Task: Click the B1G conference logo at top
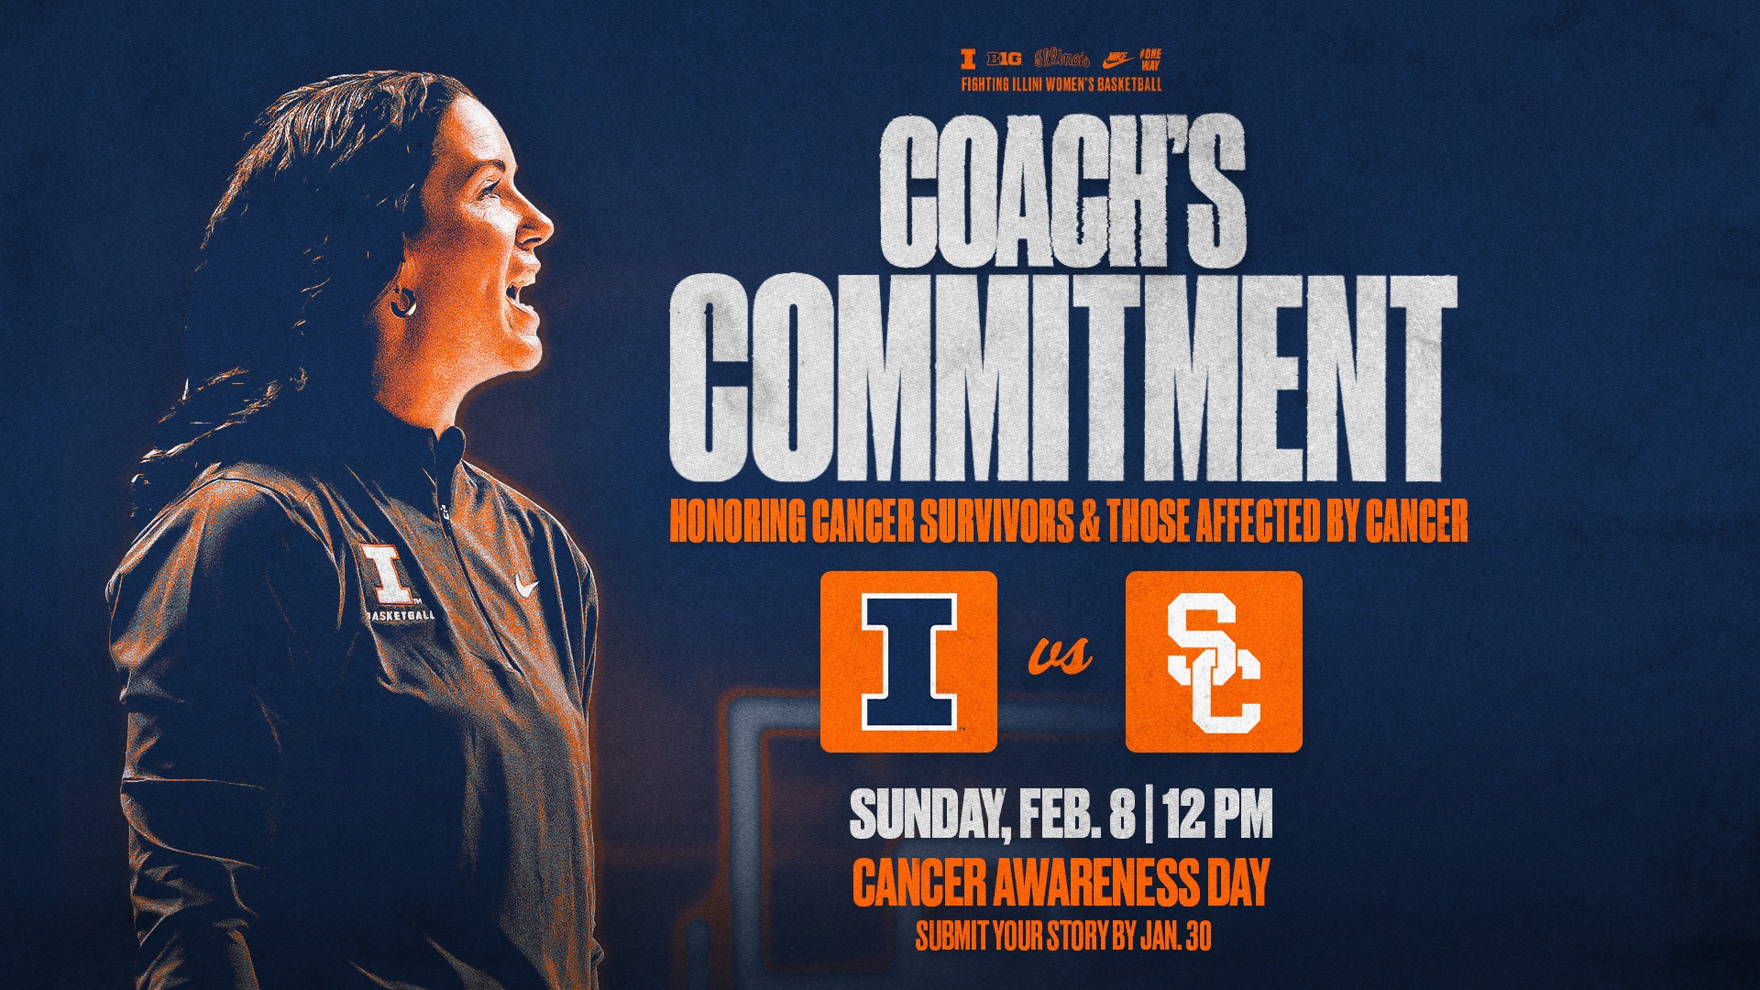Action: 1004,60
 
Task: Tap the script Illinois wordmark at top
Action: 1061,59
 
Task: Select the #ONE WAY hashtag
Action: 1149,60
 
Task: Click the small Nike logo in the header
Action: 1116,60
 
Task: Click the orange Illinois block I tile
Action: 908,661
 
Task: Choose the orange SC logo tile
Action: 1214,661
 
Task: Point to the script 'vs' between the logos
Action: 1061,654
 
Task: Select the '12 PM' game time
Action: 1218,815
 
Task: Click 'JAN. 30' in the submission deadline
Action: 1176,936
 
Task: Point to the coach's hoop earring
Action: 402,302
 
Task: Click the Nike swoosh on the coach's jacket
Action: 526,584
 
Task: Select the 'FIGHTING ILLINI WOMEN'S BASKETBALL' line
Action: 1061,84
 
